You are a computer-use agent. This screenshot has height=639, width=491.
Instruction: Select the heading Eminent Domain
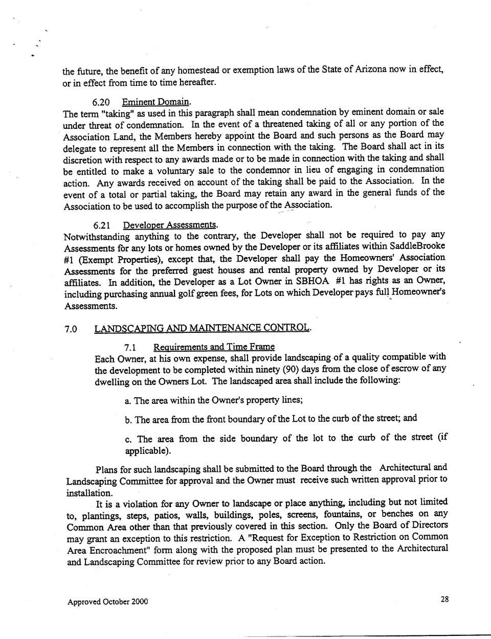(156, 102)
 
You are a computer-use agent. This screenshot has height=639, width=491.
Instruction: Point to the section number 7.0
(71, 329)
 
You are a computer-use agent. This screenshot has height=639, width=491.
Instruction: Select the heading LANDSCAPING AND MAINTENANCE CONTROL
(203, 328)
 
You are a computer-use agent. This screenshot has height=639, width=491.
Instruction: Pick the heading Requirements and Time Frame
(214, 347)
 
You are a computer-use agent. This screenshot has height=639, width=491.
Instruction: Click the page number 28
(444, 600)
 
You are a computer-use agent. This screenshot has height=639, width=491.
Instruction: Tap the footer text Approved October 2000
(107, 602)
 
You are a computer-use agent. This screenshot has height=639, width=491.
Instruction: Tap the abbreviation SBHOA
(312, 282)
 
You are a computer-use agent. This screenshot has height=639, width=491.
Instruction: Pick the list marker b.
(128, 420)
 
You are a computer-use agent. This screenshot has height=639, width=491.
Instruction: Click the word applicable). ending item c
(148, 451)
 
